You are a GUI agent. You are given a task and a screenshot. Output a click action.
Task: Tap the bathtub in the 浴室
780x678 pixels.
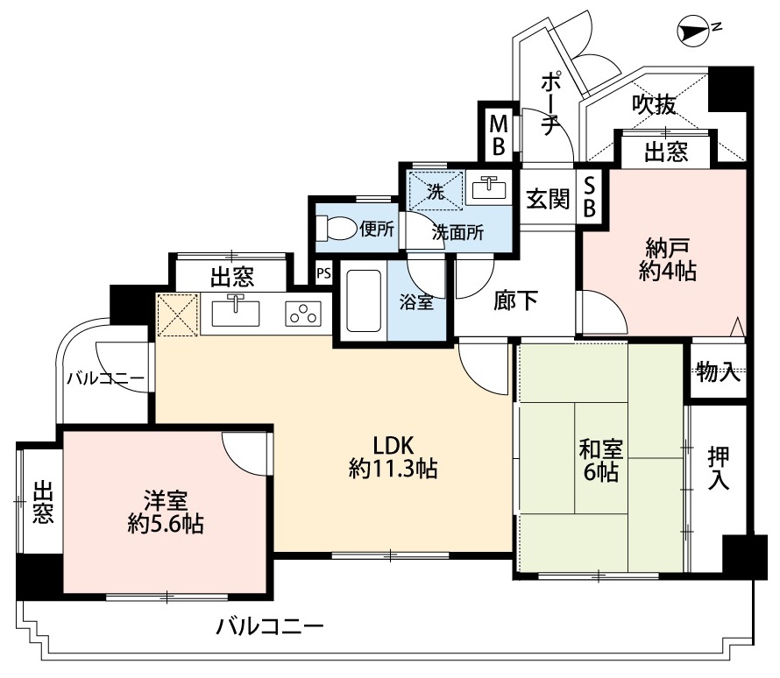364,300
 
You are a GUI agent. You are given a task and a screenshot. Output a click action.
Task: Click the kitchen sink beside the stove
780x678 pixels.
235,312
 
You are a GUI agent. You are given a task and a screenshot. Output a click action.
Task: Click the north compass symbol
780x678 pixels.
694,31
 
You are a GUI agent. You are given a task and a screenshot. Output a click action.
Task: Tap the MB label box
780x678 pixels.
499,134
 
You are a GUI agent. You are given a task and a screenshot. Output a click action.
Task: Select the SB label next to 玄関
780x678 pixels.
589,198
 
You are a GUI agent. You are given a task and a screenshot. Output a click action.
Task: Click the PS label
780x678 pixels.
324,273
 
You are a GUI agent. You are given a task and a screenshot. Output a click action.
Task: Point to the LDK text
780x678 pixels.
393,445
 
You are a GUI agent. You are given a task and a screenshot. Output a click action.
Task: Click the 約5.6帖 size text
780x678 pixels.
165,525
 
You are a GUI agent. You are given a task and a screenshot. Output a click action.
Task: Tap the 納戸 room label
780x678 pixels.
667,247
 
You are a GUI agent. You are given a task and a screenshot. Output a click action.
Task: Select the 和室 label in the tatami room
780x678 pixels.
601,449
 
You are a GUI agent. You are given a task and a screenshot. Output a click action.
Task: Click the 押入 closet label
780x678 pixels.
719,467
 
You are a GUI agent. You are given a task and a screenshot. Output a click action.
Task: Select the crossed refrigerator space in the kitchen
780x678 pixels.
178,315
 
